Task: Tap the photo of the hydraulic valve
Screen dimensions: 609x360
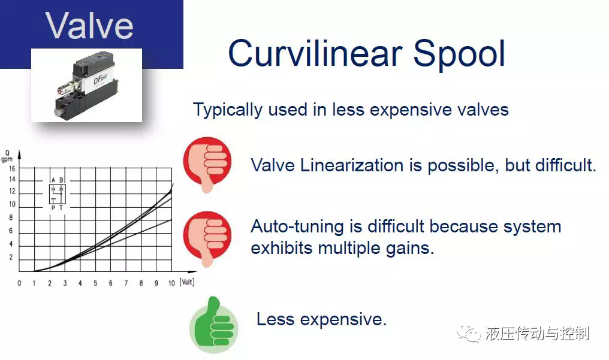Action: (x=86, y=85)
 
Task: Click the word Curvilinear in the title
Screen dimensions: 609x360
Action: (x=315, y=53)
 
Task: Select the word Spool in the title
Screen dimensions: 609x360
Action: (x=459, y=55)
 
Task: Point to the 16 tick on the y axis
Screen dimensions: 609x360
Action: (x=12, y=168)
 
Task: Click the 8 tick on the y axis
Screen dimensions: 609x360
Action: (x=11, y=217)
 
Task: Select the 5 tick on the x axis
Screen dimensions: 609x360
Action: (x=95, y=283)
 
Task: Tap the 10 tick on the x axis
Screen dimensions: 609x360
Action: (x=171, y=283)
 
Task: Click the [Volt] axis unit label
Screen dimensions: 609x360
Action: (x=187, y=282)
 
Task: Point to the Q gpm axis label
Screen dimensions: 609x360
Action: (x=7, y=156)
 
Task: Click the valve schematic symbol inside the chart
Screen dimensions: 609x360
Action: (x=58, y=193)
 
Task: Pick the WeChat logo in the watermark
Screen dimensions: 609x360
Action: (x=468, y=334)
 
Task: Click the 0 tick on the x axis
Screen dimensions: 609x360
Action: (x=19, y=283)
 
